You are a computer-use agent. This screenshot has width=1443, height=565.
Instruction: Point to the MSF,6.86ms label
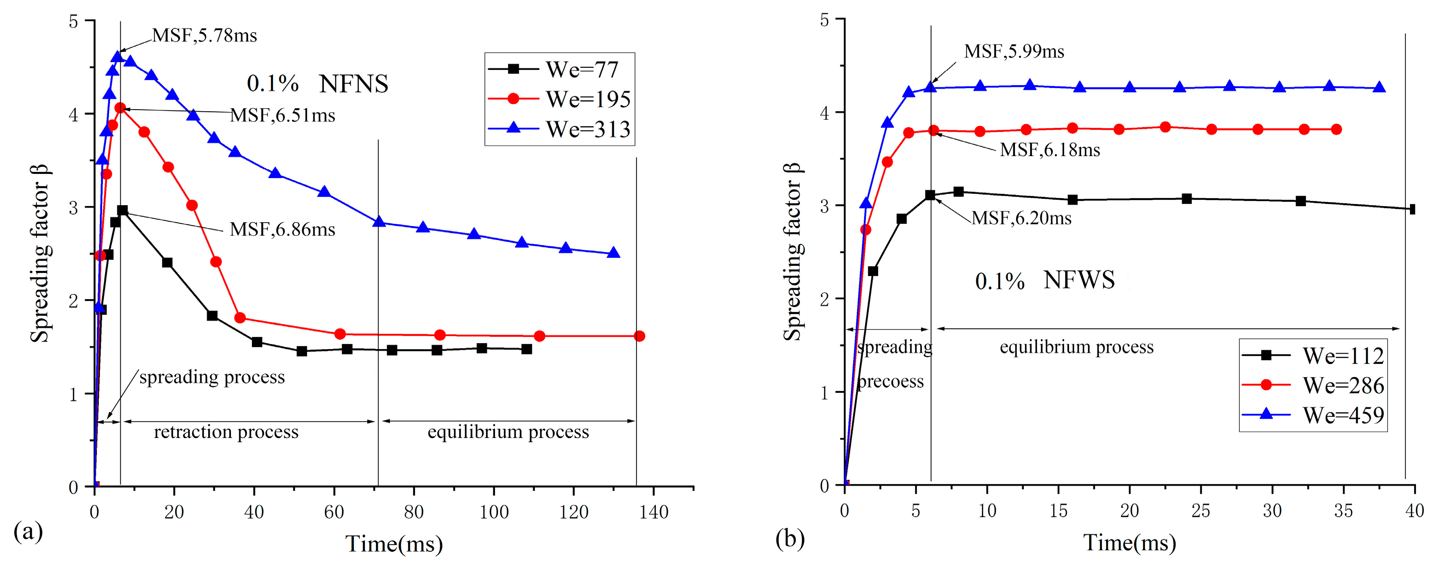point(282,229)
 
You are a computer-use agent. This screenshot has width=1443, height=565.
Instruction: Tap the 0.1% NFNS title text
point(317,84)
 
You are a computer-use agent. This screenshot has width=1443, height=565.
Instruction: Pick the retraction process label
point(226,432)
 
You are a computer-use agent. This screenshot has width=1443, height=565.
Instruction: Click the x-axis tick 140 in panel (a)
point(653,512)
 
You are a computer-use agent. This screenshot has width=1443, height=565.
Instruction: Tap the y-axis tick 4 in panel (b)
point(824,113)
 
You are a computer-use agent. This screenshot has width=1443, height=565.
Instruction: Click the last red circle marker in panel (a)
point(640,336)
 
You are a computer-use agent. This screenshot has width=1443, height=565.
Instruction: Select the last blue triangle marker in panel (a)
point(614,253)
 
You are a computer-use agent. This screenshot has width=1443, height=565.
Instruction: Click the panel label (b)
point(790,539)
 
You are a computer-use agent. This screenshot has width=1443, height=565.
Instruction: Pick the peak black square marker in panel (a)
point(122,210)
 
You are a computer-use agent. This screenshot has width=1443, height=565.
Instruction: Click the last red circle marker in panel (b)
point(1336,130)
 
